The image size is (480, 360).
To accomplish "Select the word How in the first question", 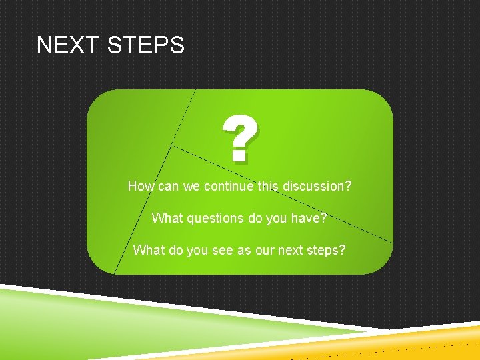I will point(140,186).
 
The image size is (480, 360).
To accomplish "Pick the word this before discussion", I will point(268,186).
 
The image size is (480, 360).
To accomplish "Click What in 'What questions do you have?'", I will point(166,218).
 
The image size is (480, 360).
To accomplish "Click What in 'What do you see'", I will point(148,250).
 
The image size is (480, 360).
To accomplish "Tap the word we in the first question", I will point(192,186).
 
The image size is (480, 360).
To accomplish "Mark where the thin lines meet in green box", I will point(172,145).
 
